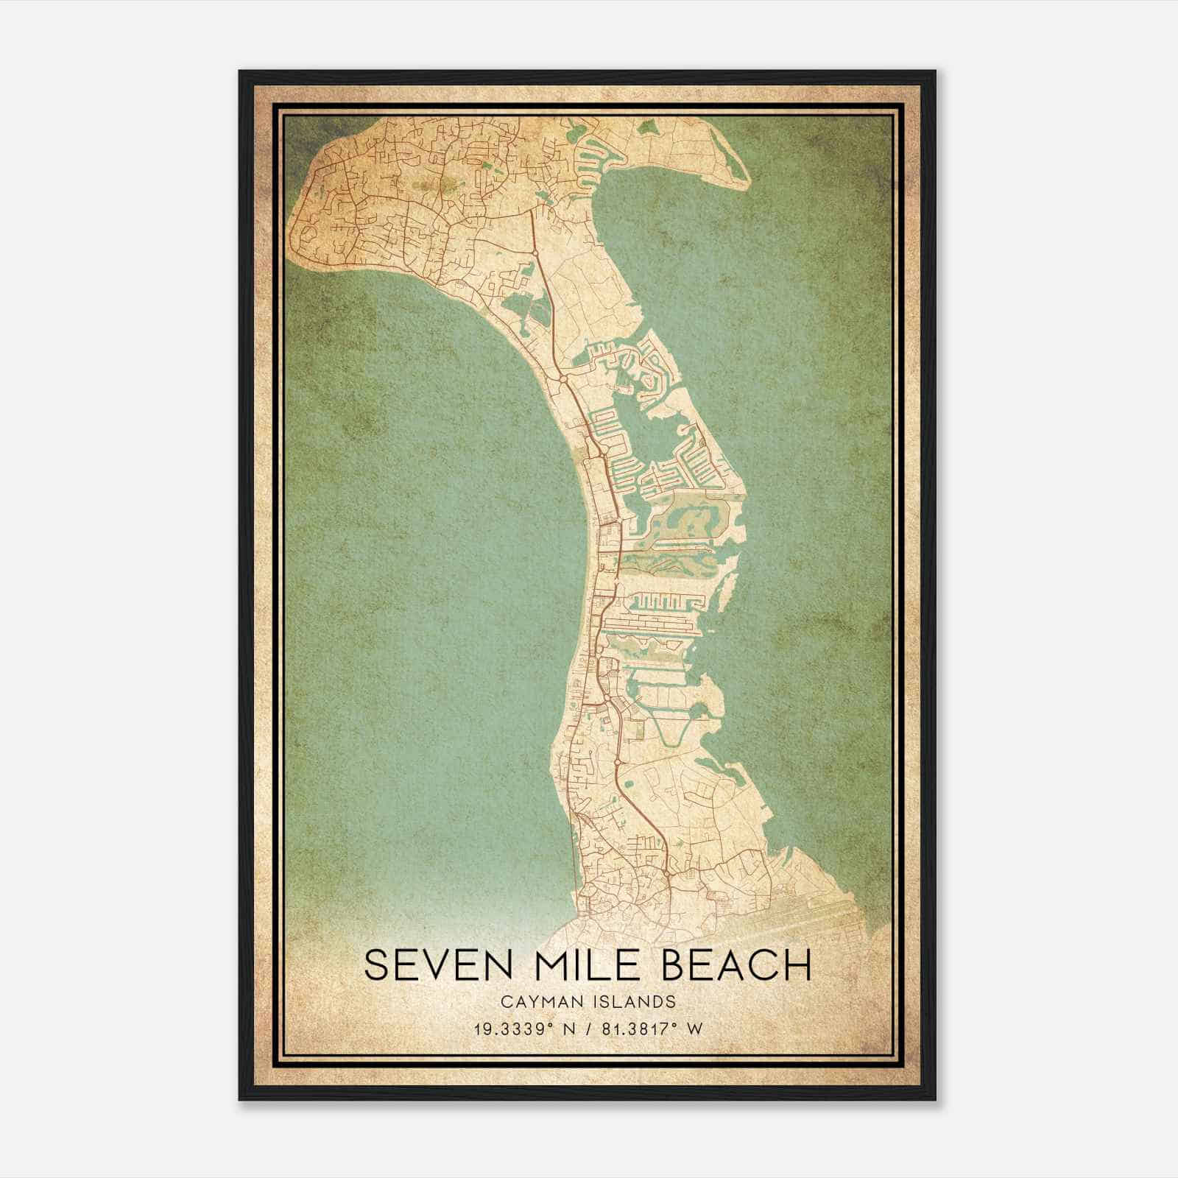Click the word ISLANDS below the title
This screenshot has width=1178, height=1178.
point(639,1001)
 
